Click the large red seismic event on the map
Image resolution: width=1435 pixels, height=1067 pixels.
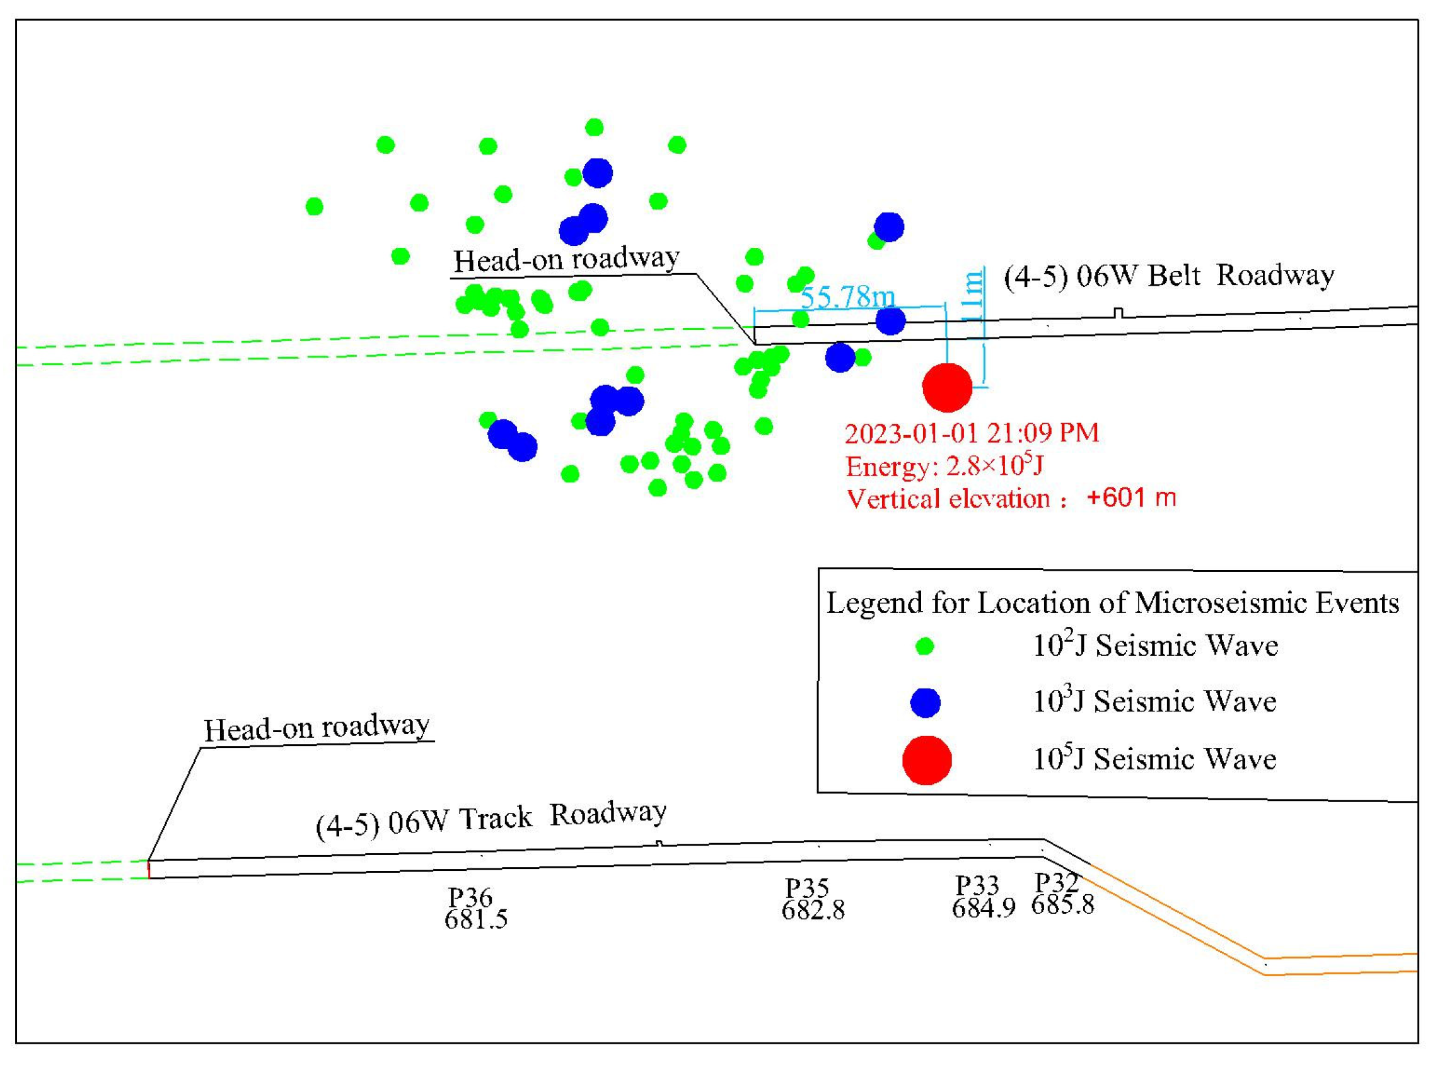pos(947,388)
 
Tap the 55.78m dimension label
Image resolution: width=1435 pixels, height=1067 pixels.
pos(847,297)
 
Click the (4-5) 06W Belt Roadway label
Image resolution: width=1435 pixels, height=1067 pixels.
pos(1168,276)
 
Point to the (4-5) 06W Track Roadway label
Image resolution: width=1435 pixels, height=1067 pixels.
pos(491,819)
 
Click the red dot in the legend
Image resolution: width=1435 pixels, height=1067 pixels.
pos(927,759)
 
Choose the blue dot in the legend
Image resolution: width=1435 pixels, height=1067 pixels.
pos(925,702)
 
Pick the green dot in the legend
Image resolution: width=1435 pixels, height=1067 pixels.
pos(925,646)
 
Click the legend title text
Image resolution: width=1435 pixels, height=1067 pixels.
pos(1112,603)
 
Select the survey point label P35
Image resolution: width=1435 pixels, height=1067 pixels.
pos(806,888)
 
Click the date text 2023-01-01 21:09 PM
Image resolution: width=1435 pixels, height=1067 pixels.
pos(972,433)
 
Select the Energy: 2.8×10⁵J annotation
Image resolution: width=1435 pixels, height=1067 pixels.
pos(944,465)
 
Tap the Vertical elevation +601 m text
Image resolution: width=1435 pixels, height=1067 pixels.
pos(1011,499)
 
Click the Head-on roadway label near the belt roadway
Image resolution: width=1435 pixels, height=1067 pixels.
pos(566,260)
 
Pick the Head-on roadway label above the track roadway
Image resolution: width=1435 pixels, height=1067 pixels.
pos(317,728)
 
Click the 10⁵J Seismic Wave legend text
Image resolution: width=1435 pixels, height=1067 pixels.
pos(1154,759)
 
